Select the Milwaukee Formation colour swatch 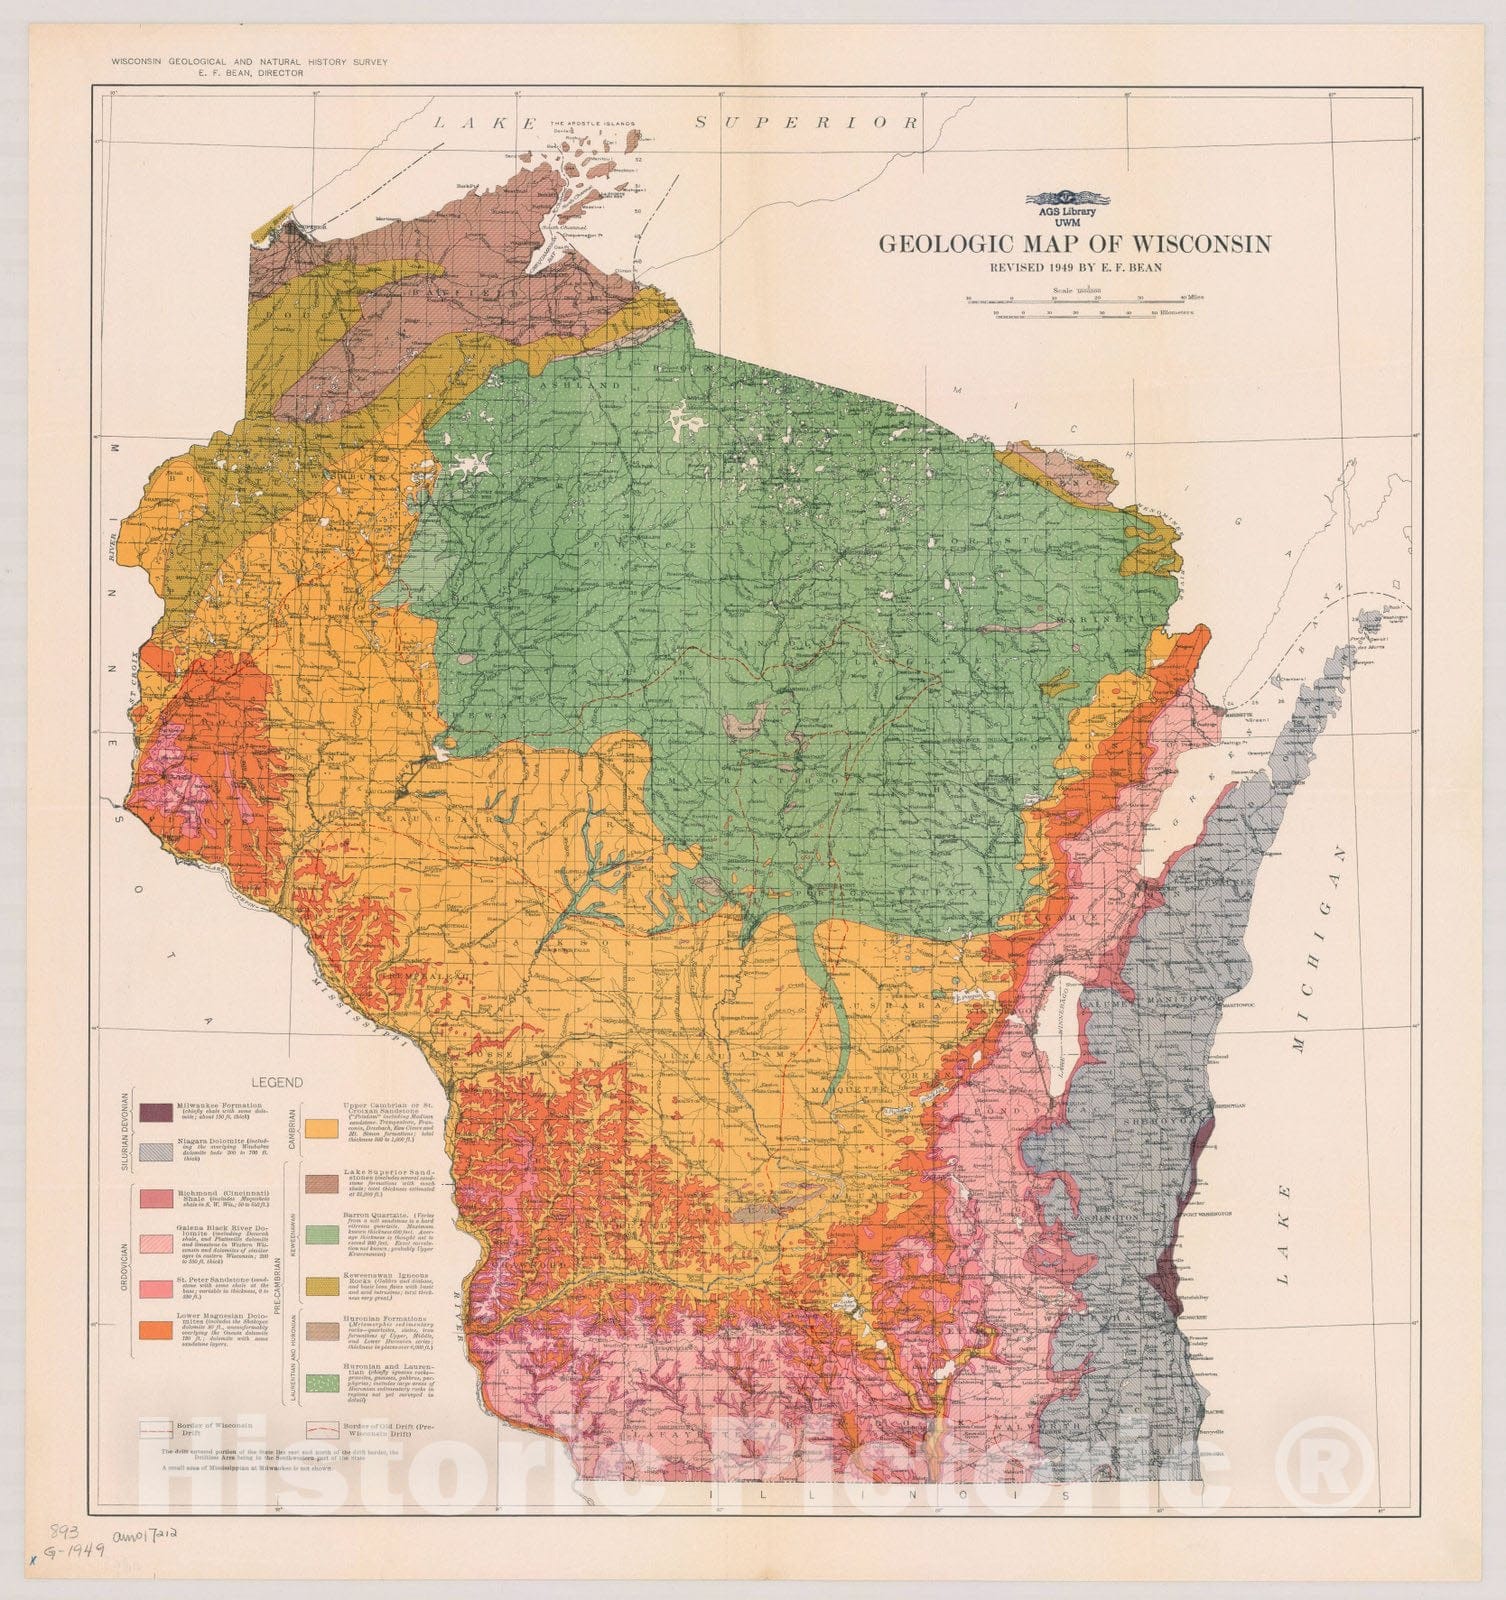pos(156,1112)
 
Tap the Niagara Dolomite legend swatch pos(156,1152)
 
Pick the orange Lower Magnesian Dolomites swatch pos(156,1330)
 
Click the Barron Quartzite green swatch pos(325,1235)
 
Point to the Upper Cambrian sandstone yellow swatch pos(325,1128)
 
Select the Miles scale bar pos(1080,298)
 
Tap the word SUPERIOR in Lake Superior pos(806,122)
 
